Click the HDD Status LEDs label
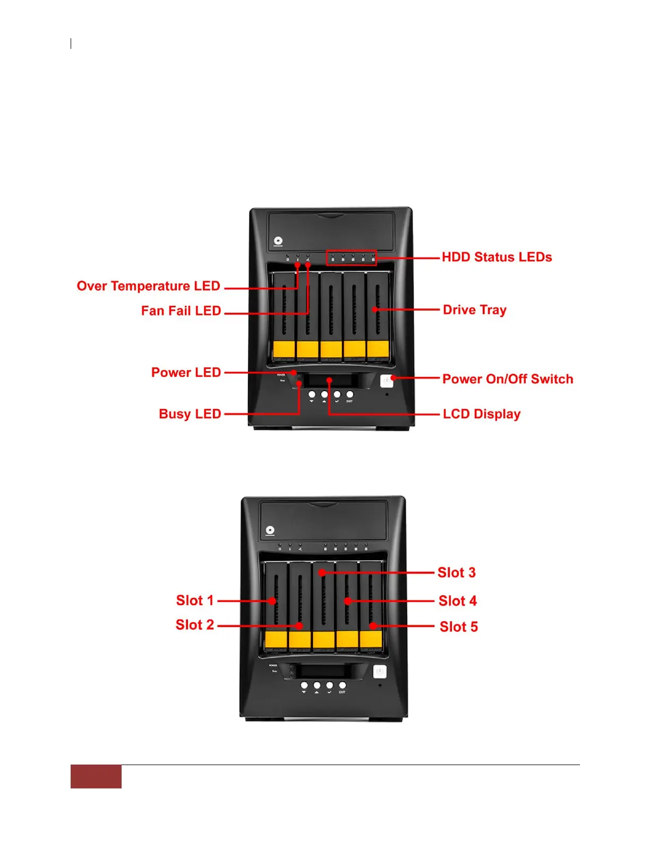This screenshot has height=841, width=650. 497,258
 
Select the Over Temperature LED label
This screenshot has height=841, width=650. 148,286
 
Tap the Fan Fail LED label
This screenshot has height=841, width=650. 181,311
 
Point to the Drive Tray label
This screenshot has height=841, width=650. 474,310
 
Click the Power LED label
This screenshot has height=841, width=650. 186,373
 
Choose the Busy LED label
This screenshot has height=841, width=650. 190,414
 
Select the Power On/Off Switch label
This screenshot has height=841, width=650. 507,379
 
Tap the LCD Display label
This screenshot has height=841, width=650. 481,414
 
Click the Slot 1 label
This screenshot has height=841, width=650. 194,600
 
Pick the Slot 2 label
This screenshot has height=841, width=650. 194,625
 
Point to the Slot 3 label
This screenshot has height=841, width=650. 456,573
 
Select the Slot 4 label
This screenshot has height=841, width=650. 457,601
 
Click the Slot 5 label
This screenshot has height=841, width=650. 458,627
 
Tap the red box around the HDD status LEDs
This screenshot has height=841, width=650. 351,258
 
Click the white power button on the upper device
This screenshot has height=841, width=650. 387,381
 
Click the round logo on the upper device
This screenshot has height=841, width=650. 278,241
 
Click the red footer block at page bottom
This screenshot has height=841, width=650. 96,777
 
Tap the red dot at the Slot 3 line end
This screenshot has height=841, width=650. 322,573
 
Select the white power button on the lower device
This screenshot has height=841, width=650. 379,672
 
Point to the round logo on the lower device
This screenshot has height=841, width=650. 270,530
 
